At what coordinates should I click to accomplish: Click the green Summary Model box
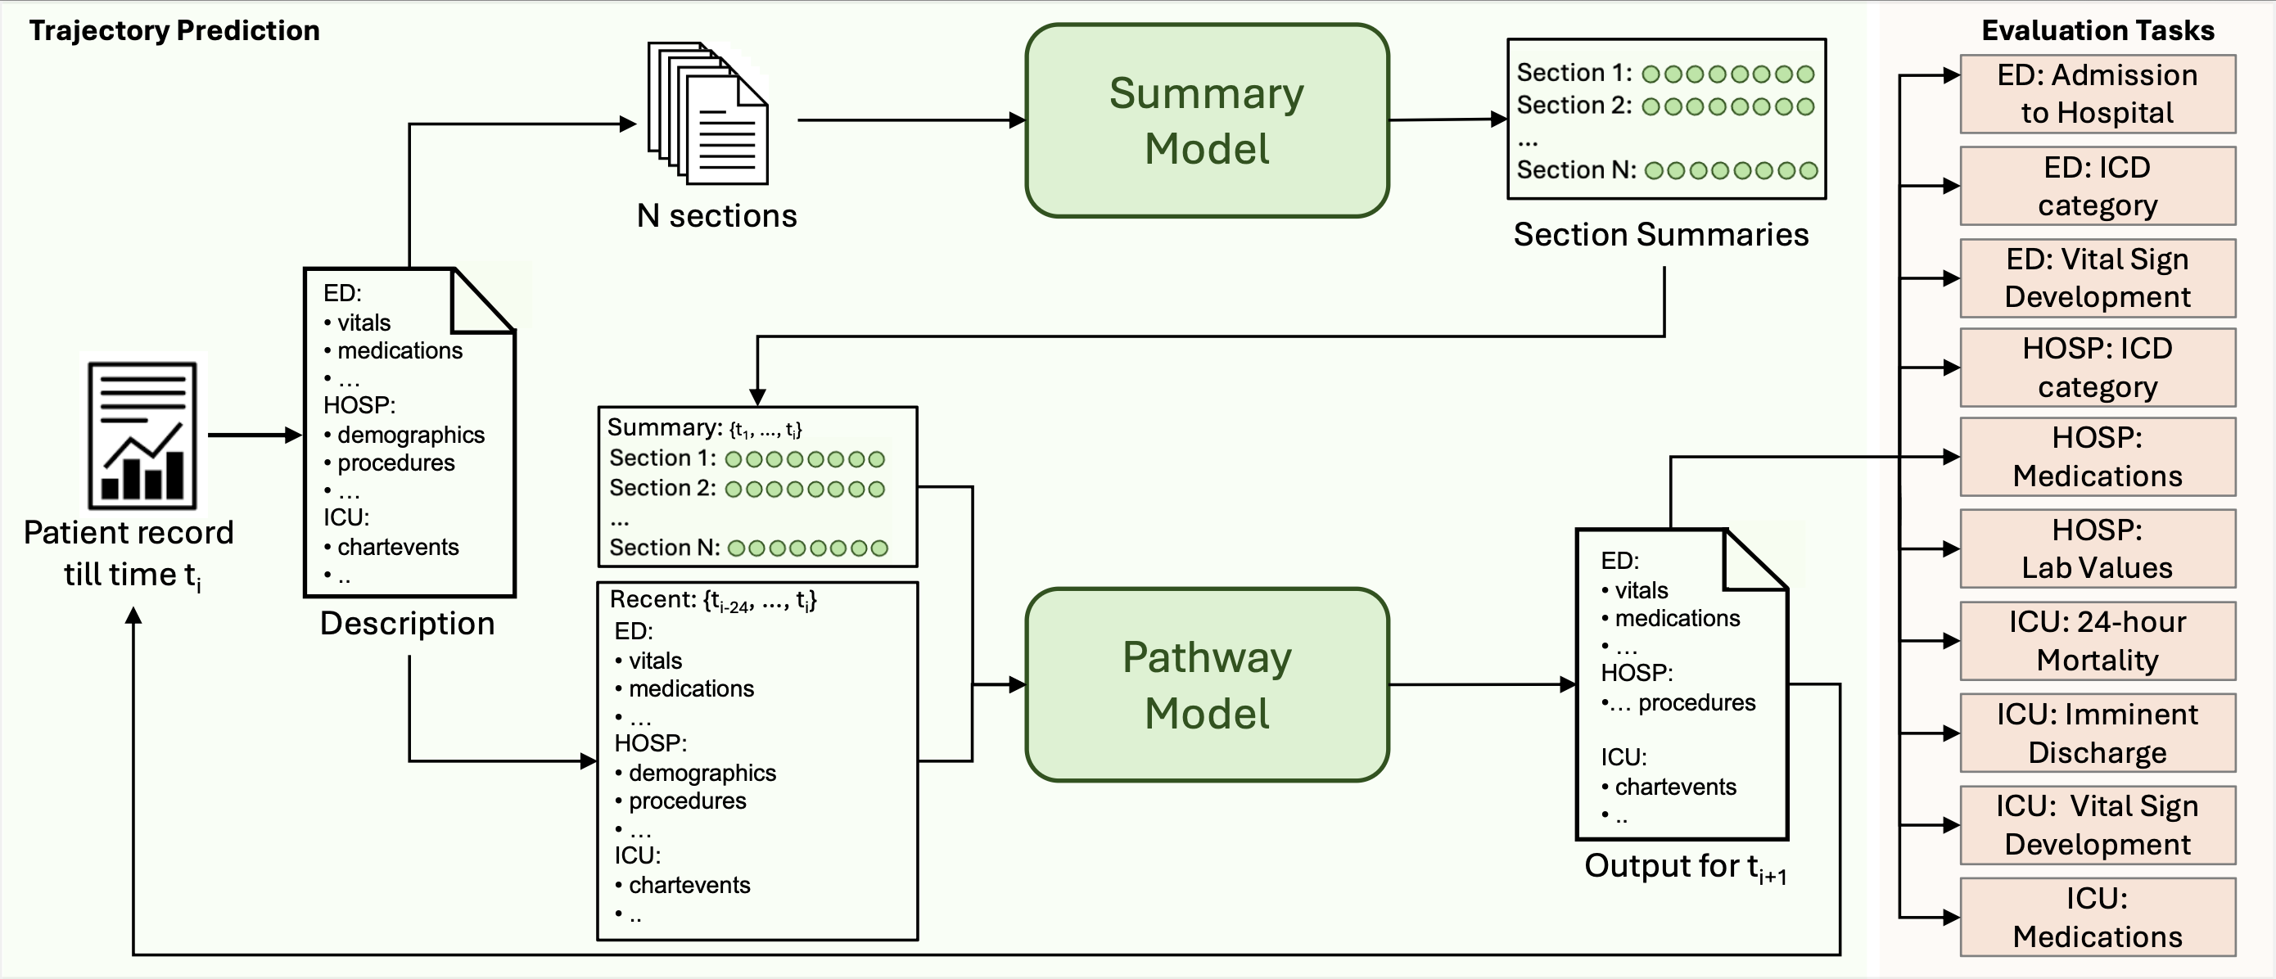[x=1206, y=121]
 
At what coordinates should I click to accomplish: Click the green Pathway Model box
[x=1206, y=685]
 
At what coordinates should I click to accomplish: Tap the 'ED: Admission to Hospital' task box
[x=2097, y=93]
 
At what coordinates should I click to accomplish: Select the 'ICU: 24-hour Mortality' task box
[x=2097, y=641]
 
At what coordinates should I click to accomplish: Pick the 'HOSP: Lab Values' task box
[x=2097, y=548]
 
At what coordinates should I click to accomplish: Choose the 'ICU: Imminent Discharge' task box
[x=2097, y=733]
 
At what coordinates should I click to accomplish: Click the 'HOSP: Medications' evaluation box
[x=2097, y=457]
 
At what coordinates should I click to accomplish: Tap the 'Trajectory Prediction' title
[x=174, y=31]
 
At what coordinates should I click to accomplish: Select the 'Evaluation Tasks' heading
[x=2097, y=31]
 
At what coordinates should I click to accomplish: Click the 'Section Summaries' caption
[x=1660, y=234]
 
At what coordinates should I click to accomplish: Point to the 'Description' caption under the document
[x=408, y=624]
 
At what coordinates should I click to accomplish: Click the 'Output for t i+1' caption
[x=1684, y=867]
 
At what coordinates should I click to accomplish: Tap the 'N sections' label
[x=716, y=215]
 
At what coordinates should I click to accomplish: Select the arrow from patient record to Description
[x=255, y=435]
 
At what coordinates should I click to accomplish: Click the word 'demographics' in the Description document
[x=411, y=435]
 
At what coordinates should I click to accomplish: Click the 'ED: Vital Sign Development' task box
[x=2097, y=277]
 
